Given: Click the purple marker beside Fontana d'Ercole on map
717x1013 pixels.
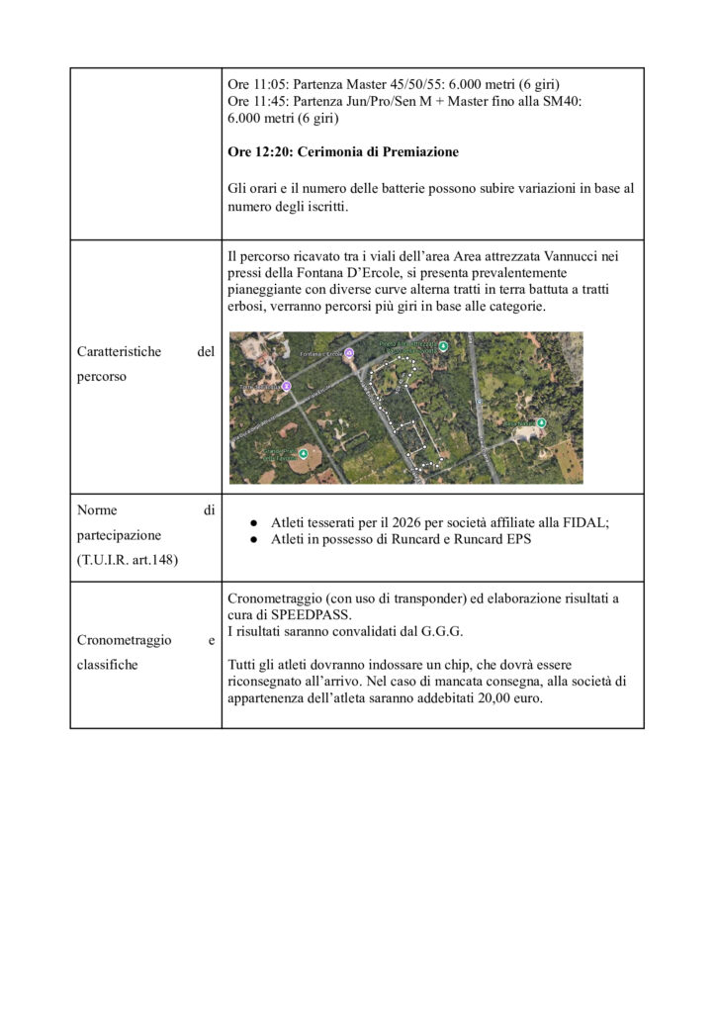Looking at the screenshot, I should pyautogui.click(x=348, y=352).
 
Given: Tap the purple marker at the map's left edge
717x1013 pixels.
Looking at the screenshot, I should pyautogui.click(x=286, y=386).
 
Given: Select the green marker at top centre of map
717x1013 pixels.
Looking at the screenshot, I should pyautogui.click(x=443, y=345).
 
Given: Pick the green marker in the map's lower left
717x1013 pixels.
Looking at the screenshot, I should pyautogui.click(x=303, y=453).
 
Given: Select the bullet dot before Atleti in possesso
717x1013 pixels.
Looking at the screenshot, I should pyautogui.click(x=253, y=540).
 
